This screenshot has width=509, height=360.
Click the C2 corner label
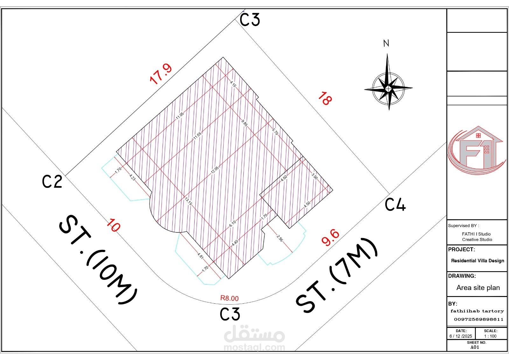(x=52, y=181)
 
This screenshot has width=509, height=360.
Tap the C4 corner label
(x=395, y=204)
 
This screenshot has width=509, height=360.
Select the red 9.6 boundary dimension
(x=331, y=237)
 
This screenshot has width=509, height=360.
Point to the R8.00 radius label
(x=229, y=298)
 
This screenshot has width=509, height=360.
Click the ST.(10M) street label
(x=98, y=259)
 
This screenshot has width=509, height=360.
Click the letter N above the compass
(x=386, y=43)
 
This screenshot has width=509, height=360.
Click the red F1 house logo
(x=477, y=150)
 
